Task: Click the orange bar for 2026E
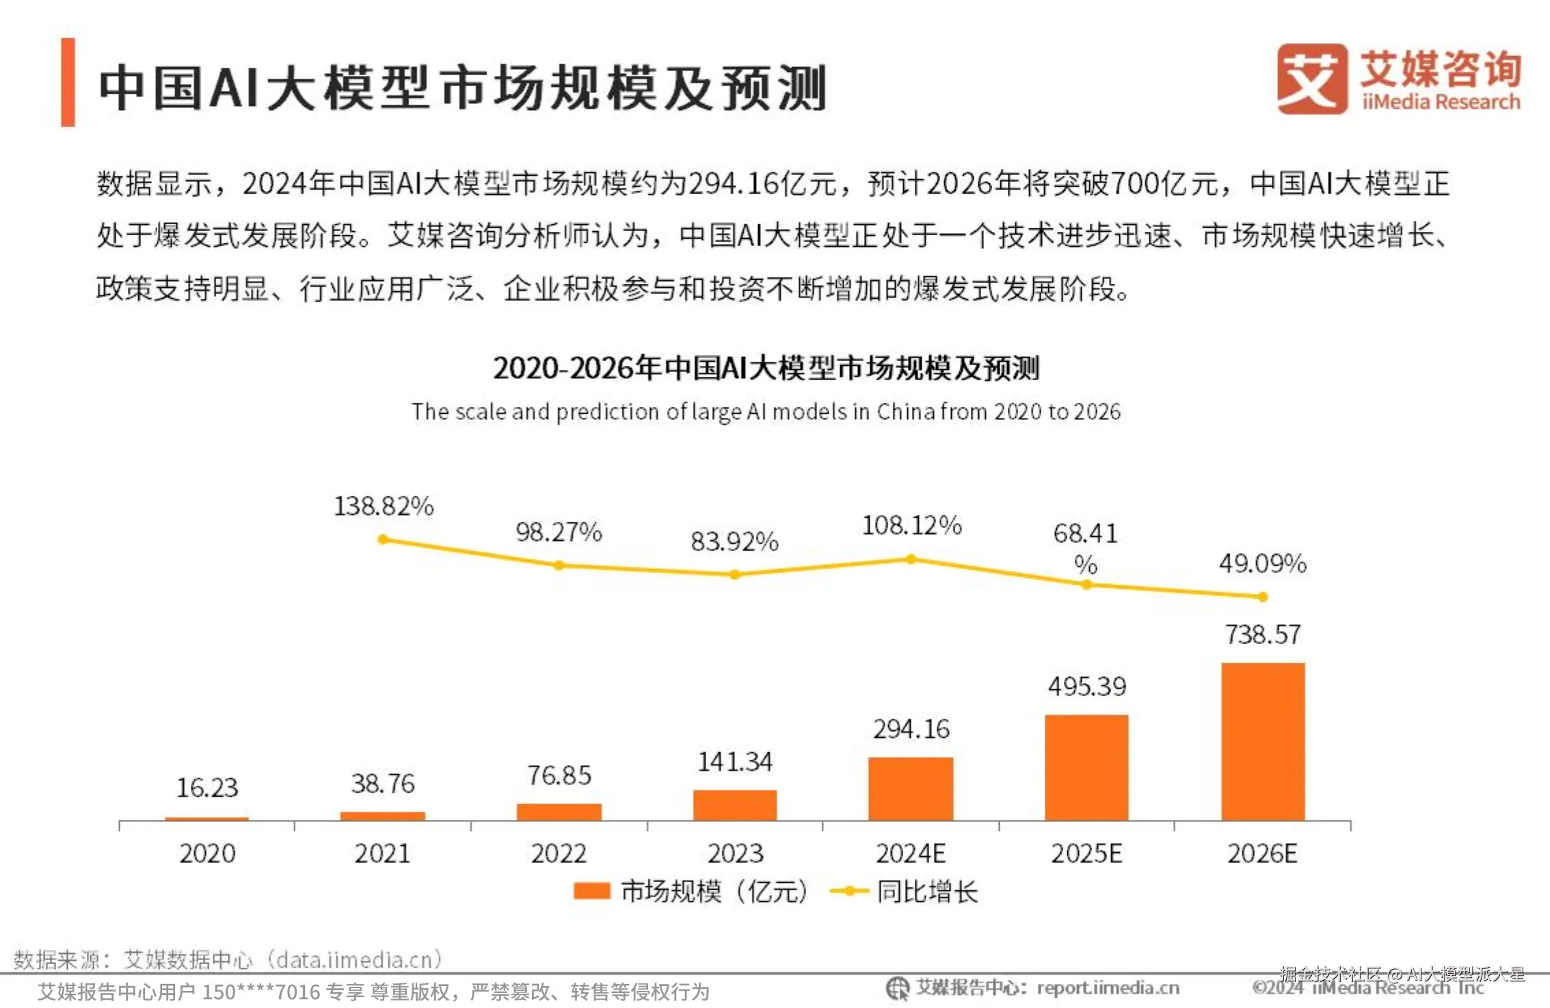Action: tap(1263, 741)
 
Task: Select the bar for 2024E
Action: tap(911, 788)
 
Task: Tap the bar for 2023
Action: tap(735, 805)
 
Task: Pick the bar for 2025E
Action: tap(1086, 767)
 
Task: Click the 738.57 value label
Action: tap(1263, 635)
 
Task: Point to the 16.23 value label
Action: tap(207, 788)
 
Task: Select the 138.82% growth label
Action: tap(384, 506)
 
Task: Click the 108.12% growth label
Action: tap(911, 525)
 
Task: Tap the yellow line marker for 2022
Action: tap(559, 566)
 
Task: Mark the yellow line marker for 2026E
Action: tap(1263, 597)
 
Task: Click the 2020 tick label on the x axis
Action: tap(207, 853)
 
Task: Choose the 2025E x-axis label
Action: tap(1086, 853)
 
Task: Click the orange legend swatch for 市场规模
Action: tap(591, 891)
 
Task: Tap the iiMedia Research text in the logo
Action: tap(1441, 102)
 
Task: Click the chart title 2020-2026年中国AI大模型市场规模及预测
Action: tap(766, 368)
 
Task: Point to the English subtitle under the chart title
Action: tap(766, 412)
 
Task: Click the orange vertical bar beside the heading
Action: tap(68, 82)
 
